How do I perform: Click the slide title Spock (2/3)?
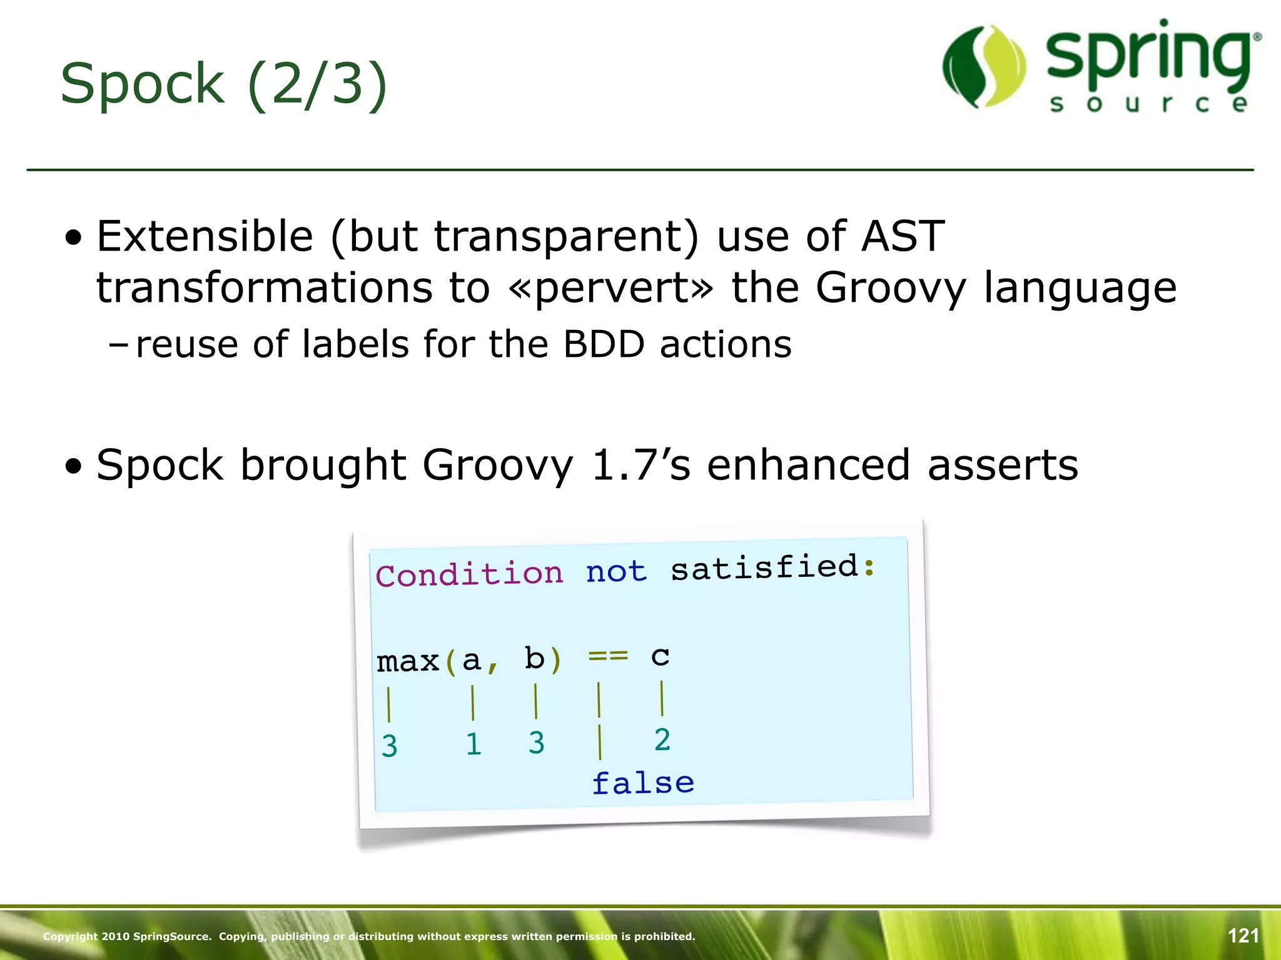pos(224,84)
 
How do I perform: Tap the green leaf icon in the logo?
pos(984,67)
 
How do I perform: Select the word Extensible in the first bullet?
pos(205,237)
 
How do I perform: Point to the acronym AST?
pos(903,237)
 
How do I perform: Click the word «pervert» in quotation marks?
pos(610,288)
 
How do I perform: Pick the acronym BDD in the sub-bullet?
pos(604,344)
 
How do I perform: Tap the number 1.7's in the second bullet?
pos(640,466)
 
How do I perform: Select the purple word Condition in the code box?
pos(469,574)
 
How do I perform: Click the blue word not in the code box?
pos(616,571)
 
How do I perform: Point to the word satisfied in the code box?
pos(764,567)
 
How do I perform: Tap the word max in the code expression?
pos(408,661)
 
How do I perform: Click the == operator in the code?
pos(608,656)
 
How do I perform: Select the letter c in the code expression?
pos(660,655)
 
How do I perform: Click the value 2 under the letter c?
pos(662,740)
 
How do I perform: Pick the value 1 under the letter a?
pos(473,744)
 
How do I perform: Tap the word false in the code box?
pos(643,783)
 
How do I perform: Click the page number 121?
pos(1243,936)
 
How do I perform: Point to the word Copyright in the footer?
pos(70,936)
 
